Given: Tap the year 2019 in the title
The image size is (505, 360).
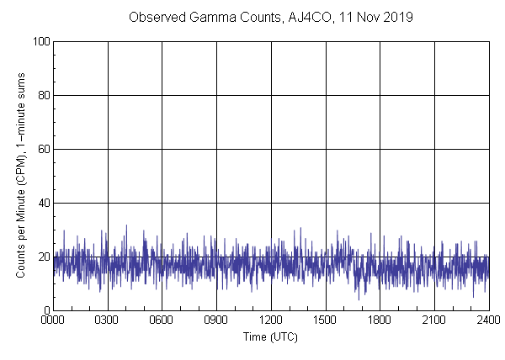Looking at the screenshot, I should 398,18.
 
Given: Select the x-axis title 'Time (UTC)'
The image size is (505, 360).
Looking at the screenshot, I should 270,336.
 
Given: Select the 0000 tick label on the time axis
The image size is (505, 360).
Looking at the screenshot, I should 54,320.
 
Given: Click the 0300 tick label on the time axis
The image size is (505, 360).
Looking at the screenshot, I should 108,320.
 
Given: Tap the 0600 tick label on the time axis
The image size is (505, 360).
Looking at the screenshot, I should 162,320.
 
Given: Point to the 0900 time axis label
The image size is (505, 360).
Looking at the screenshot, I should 216,320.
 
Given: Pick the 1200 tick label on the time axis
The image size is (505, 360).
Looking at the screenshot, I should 271,320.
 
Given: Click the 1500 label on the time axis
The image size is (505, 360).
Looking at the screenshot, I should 326,320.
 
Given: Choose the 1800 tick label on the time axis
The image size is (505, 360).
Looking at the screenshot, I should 380,320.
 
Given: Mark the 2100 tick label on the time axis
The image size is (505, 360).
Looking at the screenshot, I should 434,320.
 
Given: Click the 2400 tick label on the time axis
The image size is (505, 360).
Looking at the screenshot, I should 487,320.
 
